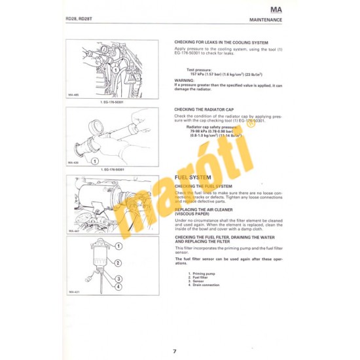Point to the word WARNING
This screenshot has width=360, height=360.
click(x=184, y=80)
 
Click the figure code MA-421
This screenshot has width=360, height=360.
click(x=73, y=291)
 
